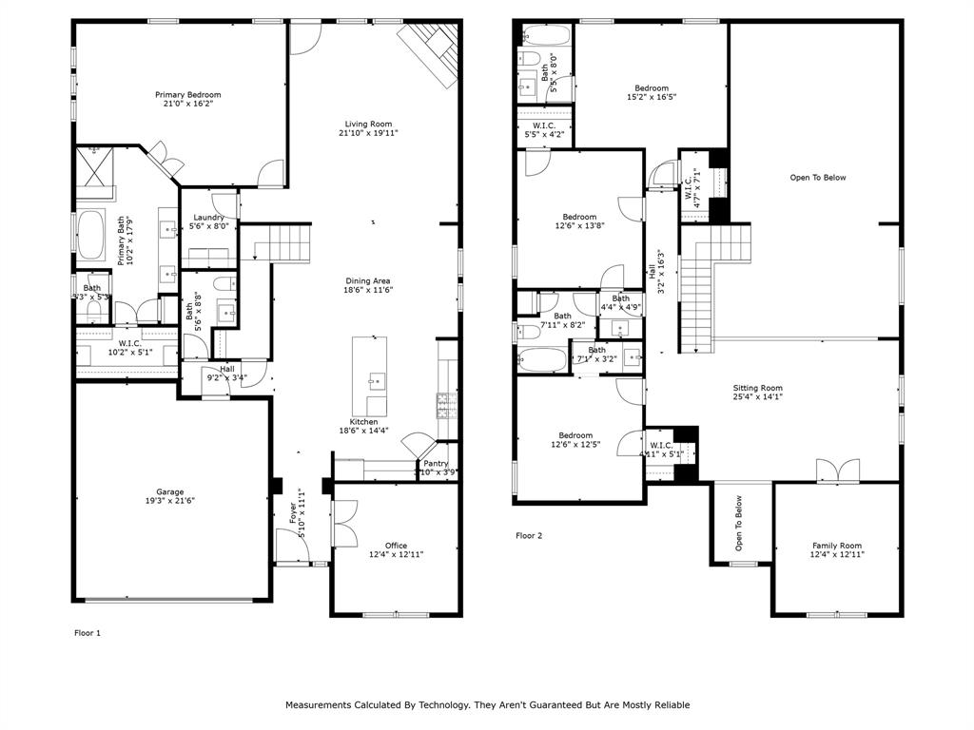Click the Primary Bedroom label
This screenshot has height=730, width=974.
188,95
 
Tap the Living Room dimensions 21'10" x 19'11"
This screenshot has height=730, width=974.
367,134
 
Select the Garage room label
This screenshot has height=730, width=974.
170,491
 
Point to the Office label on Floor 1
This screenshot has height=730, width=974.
396,546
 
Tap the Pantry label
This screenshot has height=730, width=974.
436,463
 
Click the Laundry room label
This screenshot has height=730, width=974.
208,218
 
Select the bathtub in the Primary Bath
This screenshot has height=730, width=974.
92,236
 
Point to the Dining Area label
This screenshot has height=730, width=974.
367,280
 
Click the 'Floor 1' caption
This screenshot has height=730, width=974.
87,632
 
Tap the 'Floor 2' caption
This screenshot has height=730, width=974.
529,535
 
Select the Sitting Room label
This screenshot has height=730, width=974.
757,388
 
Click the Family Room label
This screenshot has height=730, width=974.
836,546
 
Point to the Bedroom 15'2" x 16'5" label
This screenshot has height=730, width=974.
652,88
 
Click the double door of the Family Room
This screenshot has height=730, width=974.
828,471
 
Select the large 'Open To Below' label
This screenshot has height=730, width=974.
817,178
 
